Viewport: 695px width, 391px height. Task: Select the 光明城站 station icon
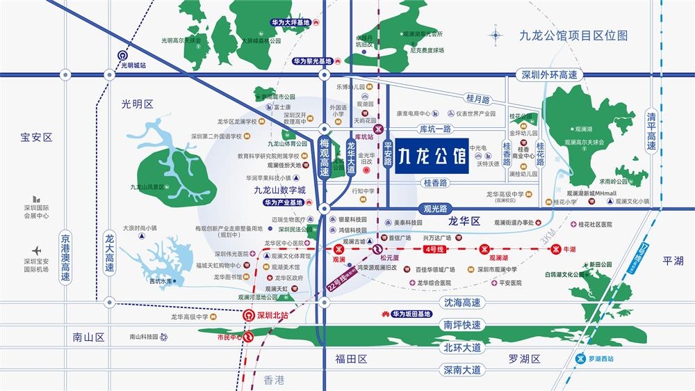(122, 56)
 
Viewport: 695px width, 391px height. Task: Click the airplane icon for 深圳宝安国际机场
(36, 250)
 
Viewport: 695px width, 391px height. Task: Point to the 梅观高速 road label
(325, 157)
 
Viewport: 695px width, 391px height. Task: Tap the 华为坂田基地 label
(416, 314)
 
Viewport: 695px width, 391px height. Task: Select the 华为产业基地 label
(284, 202)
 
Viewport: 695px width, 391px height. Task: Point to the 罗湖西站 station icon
(581, 359)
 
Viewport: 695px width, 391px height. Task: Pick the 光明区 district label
(137, 104)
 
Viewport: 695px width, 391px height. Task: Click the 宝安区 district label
(36, 138)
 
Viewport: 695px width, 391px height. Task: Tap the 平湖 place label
(673, 260)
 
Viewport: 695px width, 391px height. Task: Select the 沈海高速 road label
(461, 303)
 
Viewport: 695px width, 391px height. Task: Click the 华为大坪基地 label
(291, 23)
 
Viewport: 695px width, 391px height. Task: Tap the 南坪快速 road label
(461, 325)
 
